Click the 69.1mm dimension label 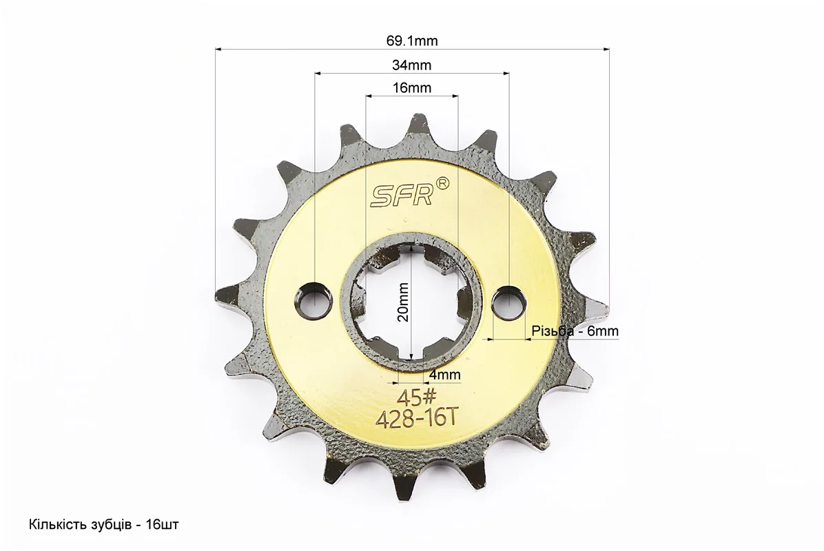coord(412,41)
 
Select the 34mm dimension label coord(412,65)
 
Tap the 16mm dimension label coord(412,87)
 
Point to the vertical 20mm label coord(403,302)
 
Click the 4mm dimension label coord(445,375)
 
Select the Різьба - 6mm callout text coord(575,331)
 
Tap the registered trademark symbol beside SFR coord(443,183)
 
